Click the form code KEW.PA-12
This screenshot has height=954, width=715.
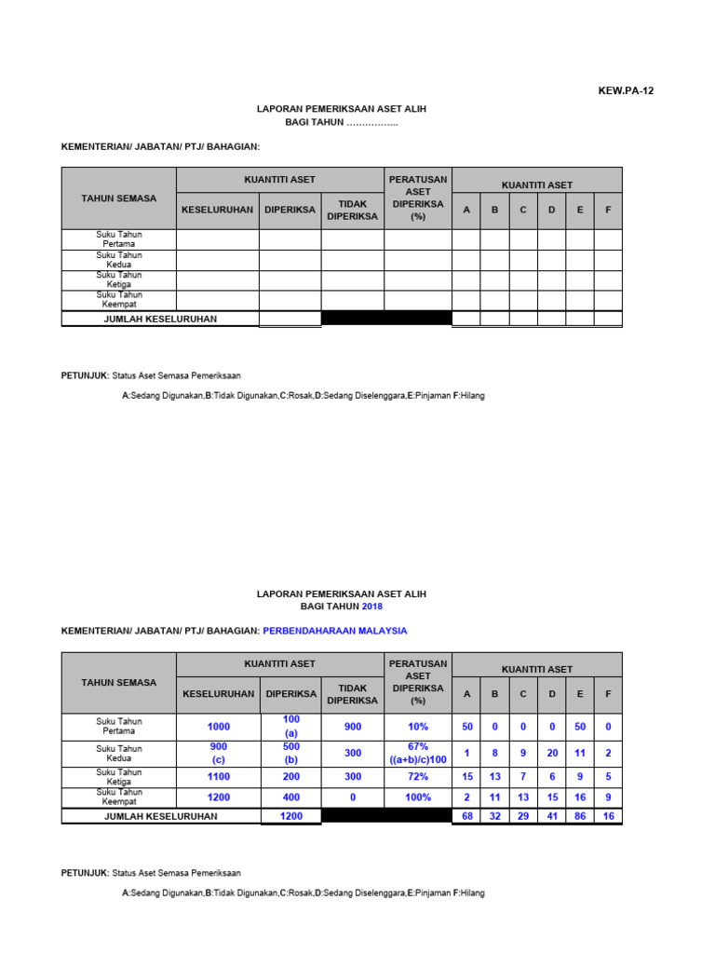point(632,90)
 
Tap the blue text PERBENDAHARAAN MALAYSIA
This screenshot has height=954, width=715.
point(335,631)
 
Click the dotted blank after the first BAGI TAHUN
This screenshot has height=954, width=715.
point(372,122)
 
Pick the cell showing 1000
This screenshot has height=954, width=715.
point(218,727)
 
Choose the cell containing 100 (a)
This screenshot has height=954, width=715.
point(291,727)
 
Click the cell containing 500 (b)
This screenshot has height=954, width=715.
point(291,753)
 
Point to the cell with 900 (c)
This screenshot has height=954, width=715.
point(218,753)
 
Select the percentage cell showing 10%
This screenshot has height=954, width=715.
point(418,727)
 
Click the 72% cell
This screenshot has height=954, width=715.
point(418,777)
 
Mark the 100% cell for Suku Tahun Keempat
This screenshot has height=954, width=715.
point(418,797)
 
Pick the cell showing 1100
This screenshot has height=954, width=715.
point(218,777)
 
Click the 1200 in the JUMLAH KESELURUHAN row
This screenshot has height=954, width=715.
point(291,816)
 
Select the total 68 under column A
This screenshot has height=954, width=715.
point(467,816)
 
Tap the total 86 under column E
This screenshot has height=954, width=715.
point(580,816)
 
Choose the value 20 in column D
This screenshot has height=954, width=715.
point(552,753)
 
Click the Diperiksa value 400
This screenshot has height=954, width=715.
point(291,797)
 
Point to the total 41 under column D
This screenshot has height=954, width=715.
point(552,816)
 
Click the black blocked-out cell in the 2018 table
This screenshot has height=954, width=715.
point(386,816)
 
